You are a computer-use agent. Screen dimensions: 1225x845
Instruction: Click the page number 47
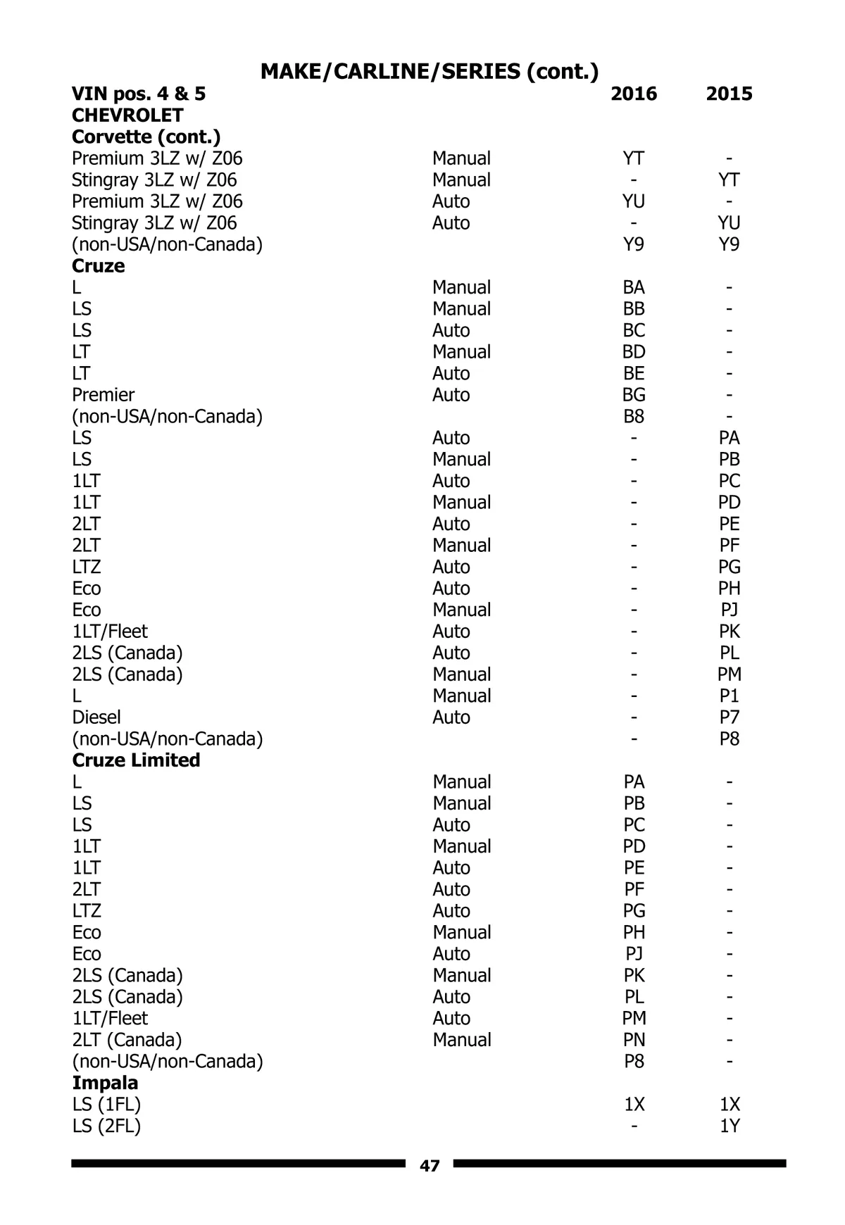click(x=430, y=1166)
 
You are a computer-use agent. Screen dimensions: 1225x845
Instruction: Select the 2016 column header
click(x=634, y=94)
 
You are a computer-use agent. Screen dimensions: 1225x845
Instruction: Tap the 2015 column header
click(x=729, y=94)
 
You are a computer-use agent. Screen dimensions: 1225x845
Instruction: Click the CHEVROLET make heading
click(x=127, y=115)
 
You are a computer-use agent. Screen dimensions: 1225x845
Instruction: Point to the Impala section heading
click(x=105, y=1083)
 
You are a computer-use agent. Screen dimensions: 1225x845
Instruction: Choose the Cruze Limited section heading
click(x=136, y=760)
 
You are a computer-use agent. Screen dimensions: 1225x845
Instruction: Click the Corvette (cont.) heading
click(x=146, y=137)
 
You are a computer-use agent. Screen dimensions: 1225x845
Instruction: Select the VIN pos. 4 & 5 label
click(x=139, y=94)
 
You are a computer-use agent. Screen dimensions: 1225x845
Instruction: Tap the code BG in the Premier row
click(x=634, y=395)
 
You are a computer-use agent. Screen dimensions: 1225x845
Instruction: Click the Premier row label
click(x=103, y=395)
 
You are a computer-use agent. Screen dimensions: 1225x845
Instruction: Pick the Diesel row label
click(x=96, y=717)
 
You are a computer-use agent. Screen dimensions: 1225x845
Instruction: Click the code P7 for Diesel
click(x=729, y=717)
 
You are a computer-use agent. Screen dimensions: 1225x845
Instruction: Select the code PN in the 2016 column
click(x=634, y=1040)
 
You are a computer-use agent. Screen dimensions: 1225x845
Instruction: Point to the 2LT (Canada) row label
click(x=127, y=1040)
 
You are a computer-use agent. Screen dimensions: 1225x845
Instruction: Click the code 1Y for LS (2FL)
click(x=729, y=1126)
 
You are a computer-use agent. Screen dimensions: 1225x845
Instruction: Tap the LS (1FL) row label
click(x=106, y=1105)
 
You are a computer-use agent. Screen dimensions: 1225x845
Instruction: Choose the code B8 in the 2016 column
click(x=634, y=417)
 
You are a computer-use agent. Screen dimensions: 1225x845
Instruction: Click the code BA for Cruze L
click(x=634, y=287)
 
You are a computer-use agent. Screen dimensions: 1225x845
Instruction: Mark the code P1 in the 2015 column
click(x=729, y=696)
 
